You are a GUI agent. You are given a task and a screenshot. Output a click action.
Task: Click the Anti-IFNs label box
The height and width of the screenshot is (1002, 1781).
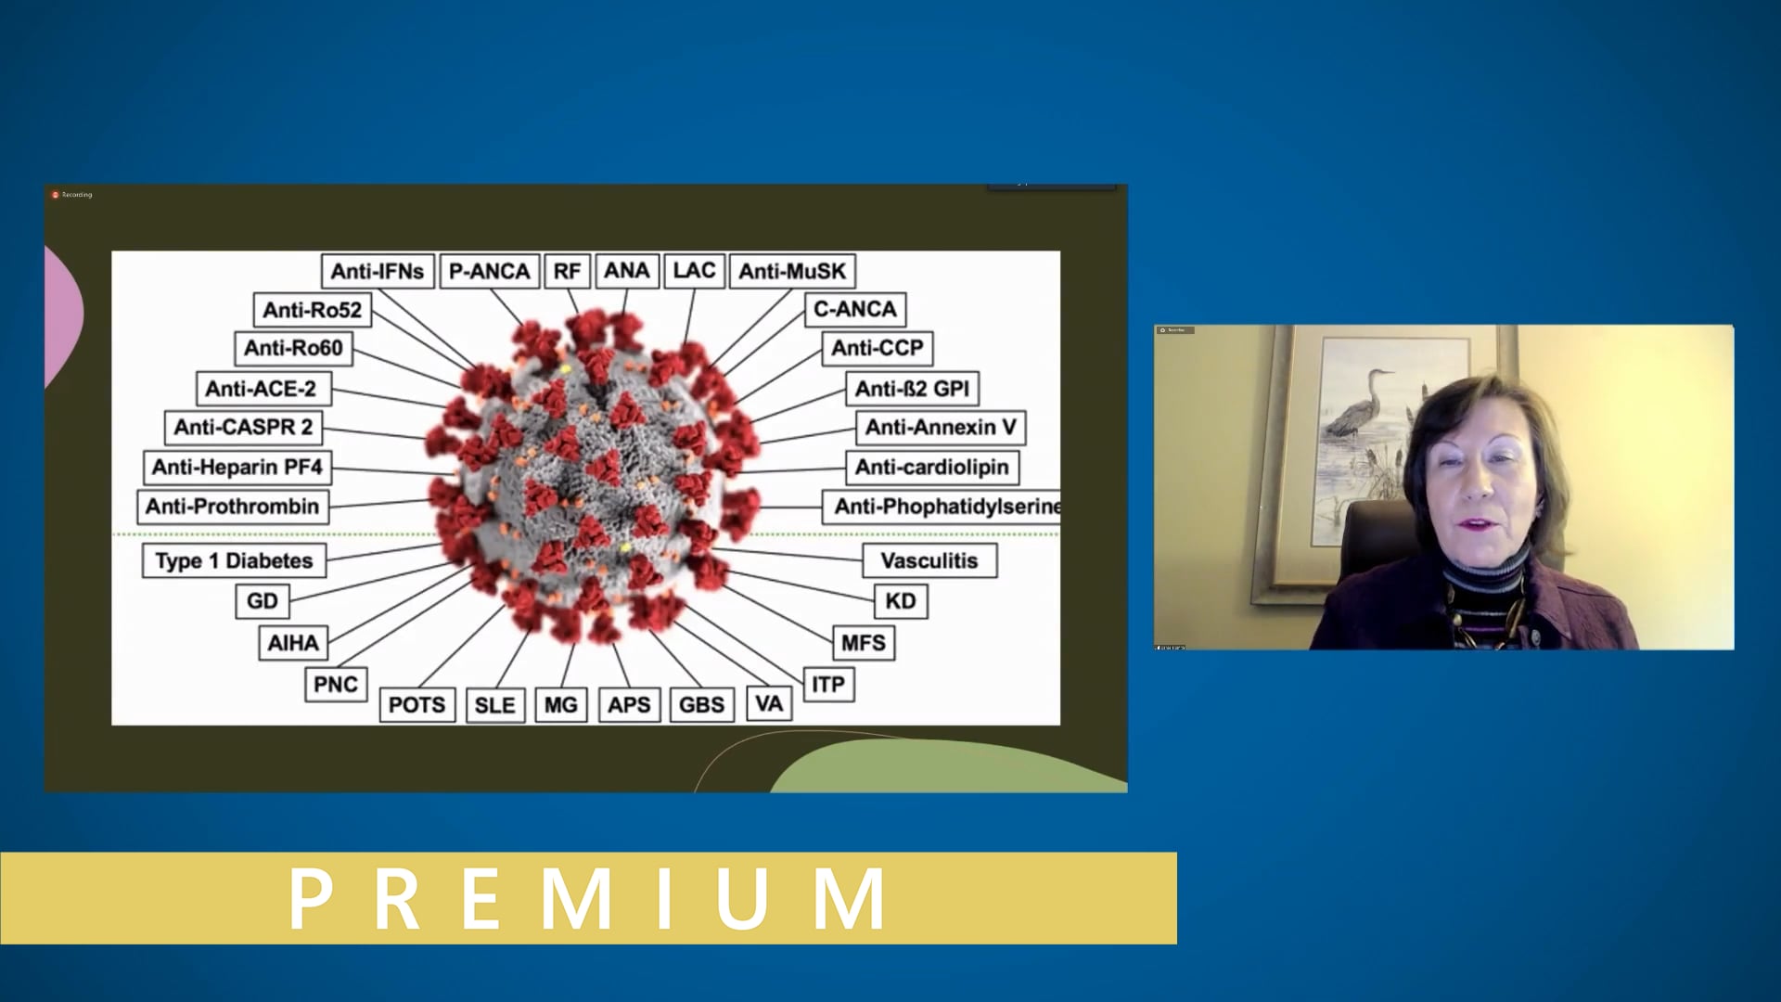point(378,271)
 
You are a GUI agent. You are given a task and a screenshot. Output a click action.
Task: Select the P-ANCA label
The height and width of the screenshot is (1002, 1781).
point(489,271)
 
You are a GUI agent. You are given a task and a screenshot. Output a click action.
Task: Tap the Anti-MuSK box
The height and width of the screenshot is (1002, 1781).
point(792,271)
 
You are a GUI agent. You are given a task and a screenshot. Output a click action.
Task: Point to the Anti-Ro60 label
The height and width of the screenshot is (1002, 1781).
point(293,348)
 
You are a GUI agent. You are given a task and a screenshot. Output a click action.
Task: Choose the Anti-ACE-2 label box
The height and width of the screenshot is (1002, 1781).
point(261,388)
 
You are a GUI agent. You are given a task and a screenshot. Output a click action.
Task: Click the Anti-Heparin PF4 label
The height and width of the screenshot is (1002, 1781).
point(237,467)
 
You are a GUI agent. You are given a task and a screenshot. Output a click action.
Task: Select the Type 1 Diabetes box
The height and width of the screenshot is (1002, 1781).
point(234,560)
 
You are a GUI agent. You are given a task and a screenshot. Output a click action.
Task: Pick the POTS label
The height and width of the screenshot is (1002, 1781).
point(416,704)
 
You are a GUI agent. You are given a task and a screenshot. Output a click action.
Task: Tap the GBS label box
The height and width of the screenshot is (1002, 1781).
point(701,704)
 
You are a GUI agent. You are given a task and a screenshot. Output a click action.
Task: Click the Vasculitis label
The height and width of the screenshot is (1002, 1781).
point(929,560)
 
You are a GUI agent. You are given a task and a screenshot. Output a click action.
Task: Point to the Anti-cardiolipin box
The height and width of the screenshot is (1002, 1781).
point(931,467)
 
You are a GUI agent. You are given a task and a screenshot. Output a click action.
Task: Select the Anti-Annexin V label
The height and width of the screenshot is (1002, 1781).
point(941,427)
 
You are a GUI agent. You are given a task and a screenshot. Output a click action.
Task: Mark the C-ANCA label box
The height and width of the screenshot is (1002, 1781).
point(854,309)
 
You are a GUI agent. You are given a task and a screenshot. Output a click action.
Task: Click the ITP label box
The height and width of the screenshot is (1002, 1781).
point(827,685)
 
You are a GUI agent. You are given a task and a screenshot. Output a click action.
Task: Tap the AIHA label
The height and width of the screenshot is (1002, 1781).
point(293,642)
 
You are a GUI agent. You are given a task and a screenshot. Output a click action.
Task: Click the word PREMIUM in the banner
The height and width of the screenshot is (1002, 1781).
point(588,897)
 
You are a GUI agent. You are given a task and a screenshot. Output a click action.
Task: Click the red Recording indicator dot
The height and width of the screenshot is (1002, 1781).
point(56,195)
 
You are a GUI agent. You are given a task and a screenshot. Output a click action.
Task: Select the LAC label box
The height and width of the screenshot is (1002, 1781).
point(694,270)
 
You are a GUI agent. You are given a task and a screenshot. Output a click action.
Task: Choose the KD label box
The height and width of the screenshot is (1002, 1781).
point(900,600)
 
